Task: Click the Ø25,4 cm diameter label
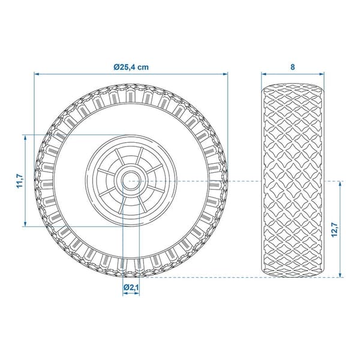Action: tap(131, 67)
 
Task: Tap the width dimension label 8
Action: tap(293, 67)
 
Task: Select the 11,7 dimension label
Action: tap(20, 181)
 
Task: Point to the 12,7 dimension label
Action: tap(335, 230)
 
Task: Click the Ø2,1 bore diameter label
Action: tap(131, 287)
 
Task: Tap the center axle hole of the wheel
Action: tap(131, 181)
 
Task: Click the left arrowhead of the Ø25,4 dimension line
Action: tap(37, 74)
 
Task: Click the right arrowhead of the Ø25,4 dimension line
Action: tap(226, 74)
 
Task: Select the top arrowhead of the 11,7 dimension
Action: tap(25, 137)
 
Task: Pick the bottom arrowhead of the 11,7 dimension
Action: tap(25, 224)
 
